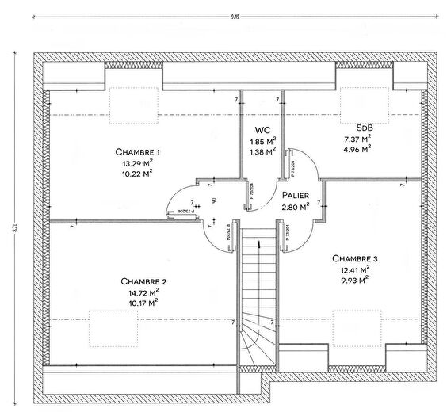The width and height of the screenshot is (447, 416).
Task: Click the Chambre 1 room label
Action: point(138,152)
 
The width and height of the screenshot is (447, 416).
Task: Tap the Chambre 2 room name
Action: point(143,281)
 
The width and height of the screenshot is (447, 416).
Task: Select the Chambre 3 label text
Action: point(355,258)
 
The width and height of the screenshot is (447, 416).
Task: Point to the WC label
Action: point(262,130)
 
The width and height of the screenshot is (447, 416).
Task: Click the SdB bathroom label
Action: point(365,127)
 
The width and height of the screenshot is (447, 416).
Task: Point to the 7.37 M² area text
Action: point(357,137)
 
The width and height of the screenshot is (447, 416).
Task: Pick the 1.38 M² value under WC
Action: point(262,151)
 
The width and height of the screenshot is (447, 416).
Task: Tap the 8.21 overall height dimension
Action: point(15,227)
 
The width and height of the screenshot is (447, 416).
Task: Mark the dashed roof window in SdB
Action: point(365,101)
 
